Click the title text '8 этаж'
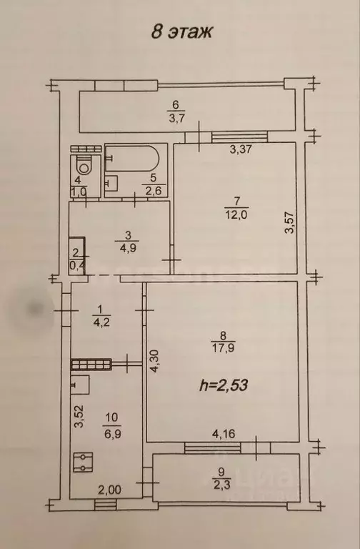[181, 31]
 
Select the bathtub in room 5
[135, 159]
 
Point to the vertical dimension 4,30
[154, 362]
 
